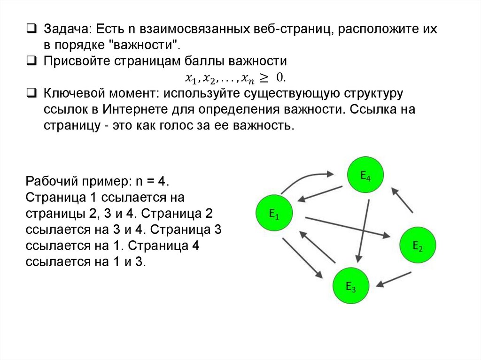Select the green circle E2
(418, 245)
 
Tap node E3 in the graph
(351, 286)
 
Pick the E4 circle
(365, 176)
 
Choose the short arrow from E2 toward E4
(403, 200)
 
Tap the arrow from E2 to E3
(395, 278)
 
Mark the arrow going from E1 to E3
(302, 258)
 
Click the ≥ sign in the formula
(267, 77)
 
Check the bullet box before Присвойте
(31, 61)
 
